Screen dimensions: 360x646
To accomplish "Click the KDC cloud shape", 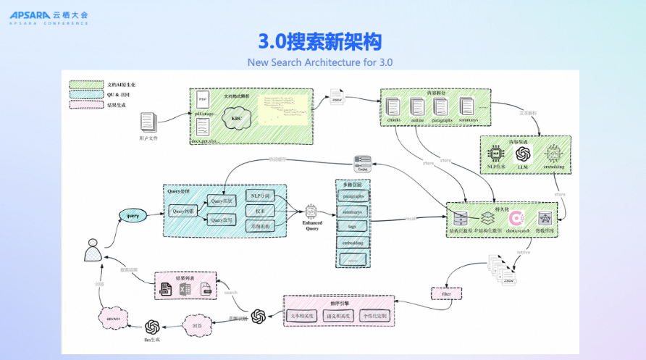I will pos(237,119).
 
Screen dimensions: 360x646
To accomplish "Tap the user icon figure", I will pos(92,251).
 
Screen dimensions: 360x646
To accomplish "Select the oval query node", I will pos(133,215).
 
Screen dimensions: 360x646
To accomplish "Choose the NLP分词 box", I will pos(260,196).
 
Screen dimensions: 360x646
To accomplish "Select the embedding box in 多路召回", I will pos(353,243).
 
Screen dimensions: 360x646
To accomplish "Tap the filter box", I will pos(442,293).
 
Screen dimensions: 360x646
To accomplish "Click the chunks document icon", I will pos(393,106).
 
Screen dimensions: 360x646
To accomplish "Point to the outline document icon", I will pos(417,106).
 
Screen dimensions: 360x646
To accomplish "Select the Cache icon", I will pos(363,162).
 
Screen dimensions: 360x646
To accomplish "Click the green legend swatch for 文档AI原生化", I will pos(86,85).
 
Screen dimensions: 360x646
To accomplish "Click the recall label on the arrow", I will pos(410,217).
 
